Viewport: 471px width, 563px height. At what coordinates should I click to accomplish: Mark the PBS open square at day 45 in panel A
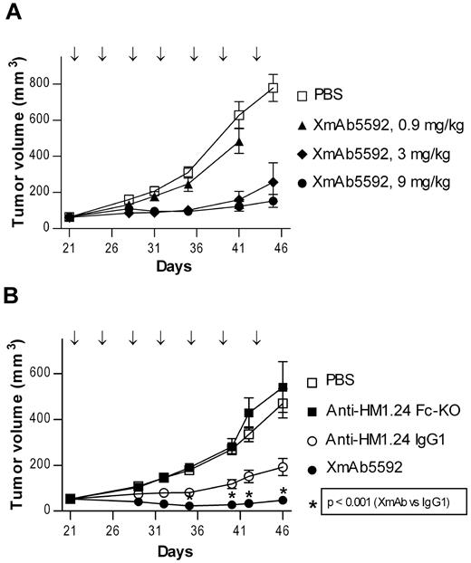[273, 88]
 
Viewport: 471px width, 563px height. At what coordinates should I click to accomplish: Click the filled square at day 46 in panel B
[283, 387]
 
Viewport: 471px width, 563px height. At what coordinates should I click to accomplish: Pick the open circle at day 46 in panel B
[283, 468]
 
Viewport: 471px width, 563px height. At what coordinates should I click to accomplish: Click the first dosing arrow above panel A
[74, 56]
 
